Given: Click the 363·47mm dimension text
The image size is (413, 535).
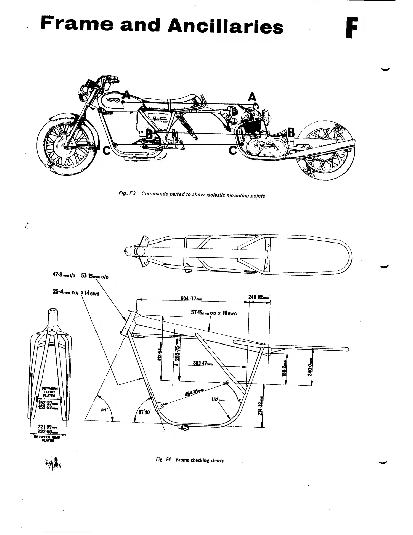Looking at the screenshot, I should coord(203,363).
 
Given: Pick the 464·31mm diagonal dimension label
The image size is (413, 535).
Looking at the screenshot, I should coord(195,393).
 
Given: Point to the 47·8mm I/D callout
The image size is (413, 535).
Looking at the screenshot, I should coord(62,275).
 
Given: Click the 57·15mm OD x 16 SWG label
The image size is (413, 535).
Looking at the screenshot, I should coord(214,313).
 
